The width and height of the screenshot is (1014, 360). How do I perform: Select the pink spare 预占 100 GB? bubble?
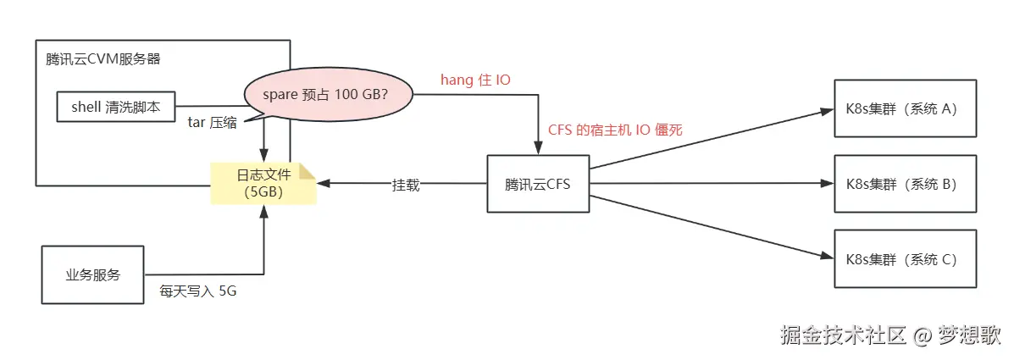[x=329, y=94]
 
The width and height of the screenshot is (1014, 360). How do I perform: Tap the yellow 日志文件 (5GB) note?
[x=263, y=183]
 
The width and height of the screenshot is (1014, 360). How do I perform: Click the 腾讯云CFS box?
[x=537, y=184]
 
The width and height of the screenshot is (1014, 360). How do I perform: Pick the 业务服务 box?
[x=92, y=274]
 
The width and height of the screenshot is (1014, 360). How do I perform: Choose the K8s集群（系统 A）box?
[x=905, y=108]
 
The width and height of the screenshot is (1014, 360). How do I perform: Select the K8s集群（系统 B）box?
[x=905, y=184]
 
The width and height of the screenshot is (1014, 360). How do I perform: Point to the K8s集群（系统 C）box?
[x=905, y=259]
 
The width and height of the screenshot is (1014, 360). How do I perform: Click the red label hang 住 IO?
[x=475, y=80]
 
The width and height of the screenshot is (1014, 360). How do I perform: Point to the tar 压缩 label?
[x=212, y=121]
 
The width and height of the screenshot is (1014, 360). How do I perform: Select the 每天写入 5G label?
[x=198, y=291]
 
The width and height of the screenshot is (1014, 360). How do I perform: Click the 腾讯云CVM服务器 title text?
[x=103, y=59]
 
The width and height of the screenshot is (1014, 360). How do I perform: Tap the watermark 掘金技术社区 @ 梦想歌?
[x=889, y=335]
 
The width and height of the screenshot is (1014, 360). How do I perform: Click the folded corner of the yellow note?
[x=307, y=171]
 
